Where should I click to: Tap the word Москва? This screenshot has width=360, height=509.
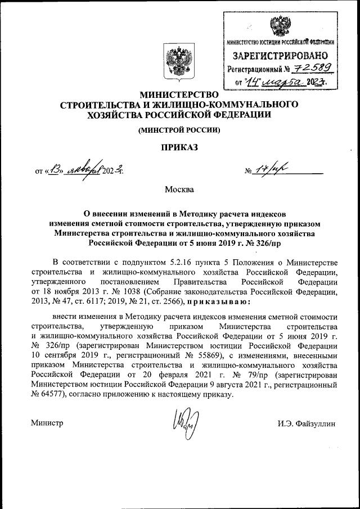pos(179,189)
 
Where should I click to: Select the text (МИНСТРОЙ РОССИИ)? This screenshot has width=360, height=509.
pos(179,130)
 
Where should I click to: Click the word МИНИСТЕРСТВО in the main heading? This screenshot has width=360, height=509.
pos(179,94)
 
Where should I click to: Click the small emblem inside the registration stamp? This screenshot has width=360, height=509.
pos(277,26)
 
